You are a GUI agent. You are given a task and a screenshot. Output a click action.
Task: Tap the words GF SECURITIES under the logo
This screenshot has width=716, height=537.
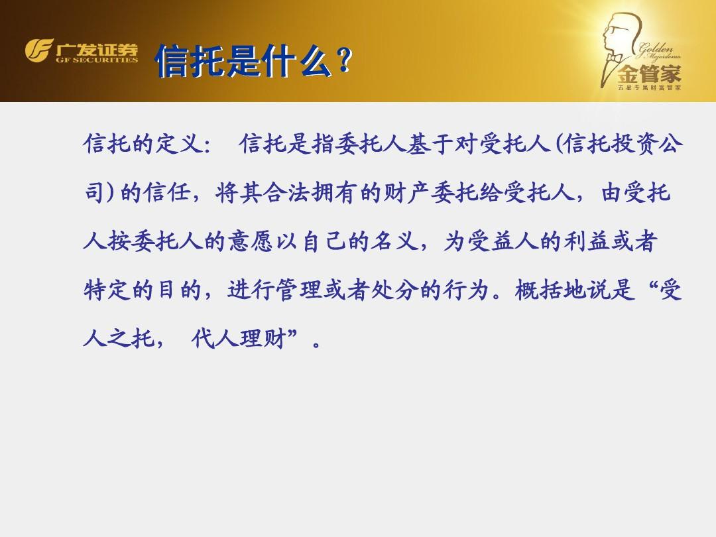pos(97,60)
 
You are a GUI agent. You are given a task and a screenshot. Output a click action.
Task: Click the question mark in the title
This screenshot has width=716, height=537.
pos(344,60)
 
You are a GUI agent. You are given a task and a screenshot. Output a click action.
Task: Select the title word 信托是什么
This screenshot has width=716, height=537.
pos(243,60)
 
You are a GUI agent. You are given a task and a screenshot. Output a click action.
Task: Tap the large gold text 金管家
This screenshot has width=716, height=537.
pos(649,74)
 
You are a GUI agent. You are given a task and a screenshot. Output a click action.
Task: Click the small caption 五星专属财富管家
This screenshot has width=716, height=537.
pos(649,88)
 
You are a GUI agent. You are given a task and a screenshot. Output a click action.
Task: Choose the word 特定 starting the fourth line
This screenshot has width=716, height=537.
pos(107,290)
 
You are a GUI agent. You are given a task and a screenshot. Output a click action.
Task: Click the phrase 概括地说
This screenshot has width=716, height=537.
pos(563,290)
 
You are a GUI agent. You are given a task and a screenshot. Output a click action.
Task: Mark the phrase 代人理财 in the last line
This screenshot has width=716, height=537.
pos(239,339)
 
